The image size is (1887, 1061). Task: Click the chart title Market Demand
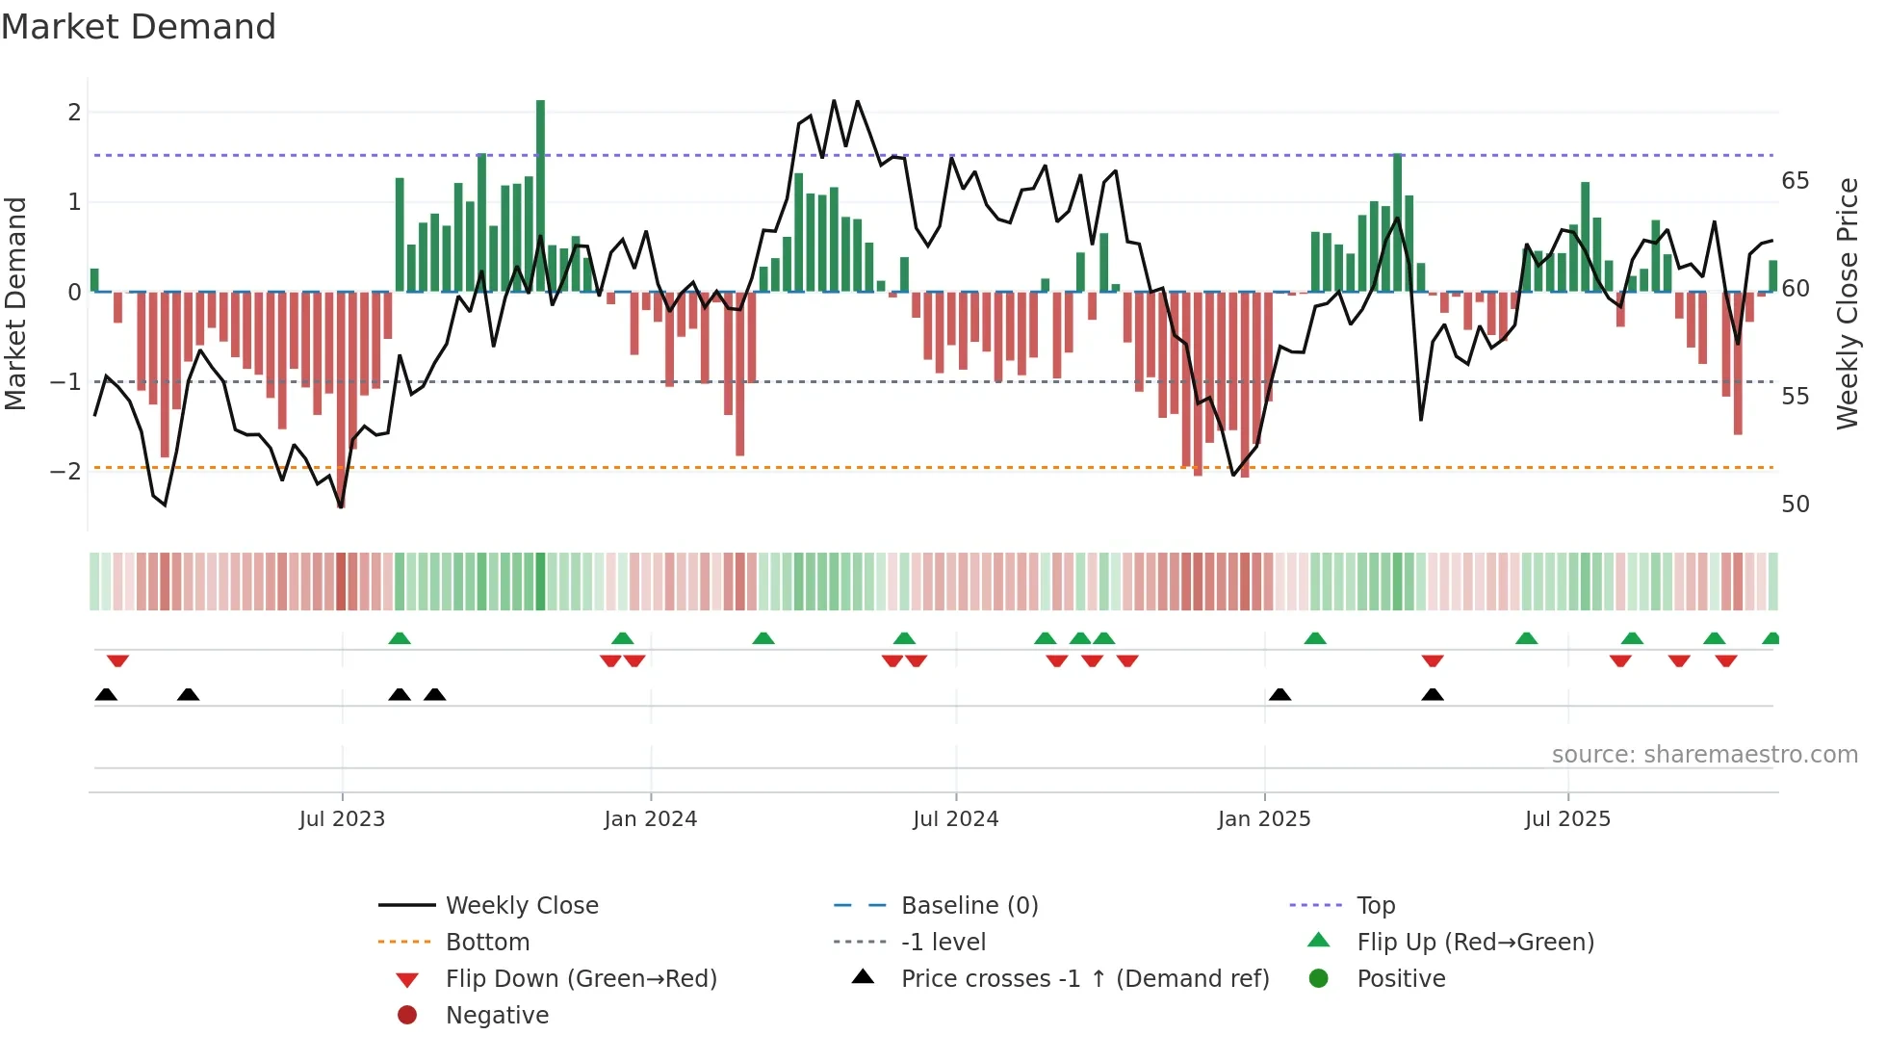[139, 27]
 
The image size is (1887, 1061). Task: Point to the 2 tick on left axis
[74, 113]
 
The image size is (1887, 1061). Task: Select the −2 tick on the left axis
[66, 471]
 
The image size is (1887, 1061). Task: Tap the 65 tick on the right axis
[1795, 181]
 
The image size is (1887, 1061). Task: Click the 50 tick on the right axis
[1795, 505]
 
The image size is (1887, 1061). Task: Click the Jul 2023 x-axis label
[342, 819]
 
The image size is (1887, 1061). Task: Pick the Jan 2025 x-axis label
[1263, 819]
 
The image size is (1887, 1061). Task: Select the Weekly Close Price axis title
[1847, 303]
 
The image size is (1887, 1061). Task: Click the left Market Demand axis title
[16, 303]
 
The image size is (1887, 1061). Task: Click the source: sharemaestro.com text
[1704, 755]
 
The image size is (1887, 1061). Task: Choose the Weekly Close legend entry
[521, 906]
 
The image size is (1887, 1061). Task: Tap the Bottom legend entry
[487, 943]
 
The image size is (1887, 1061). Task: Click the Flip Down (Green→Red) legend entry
[581, 979]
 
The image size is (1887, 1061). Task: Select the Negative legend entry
[497, 1016]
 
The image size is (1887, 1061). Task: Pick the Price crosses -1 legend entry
[1084, 979]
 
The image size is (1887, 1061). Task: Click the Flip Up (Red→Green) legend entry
[1475, 943]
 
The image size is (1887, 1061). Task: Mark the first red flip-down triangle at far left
[117, 660]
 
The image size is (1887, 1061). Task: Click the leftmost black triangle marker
[106, 694]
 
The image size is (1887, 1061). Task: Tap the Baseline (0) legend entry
[969, 906]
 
